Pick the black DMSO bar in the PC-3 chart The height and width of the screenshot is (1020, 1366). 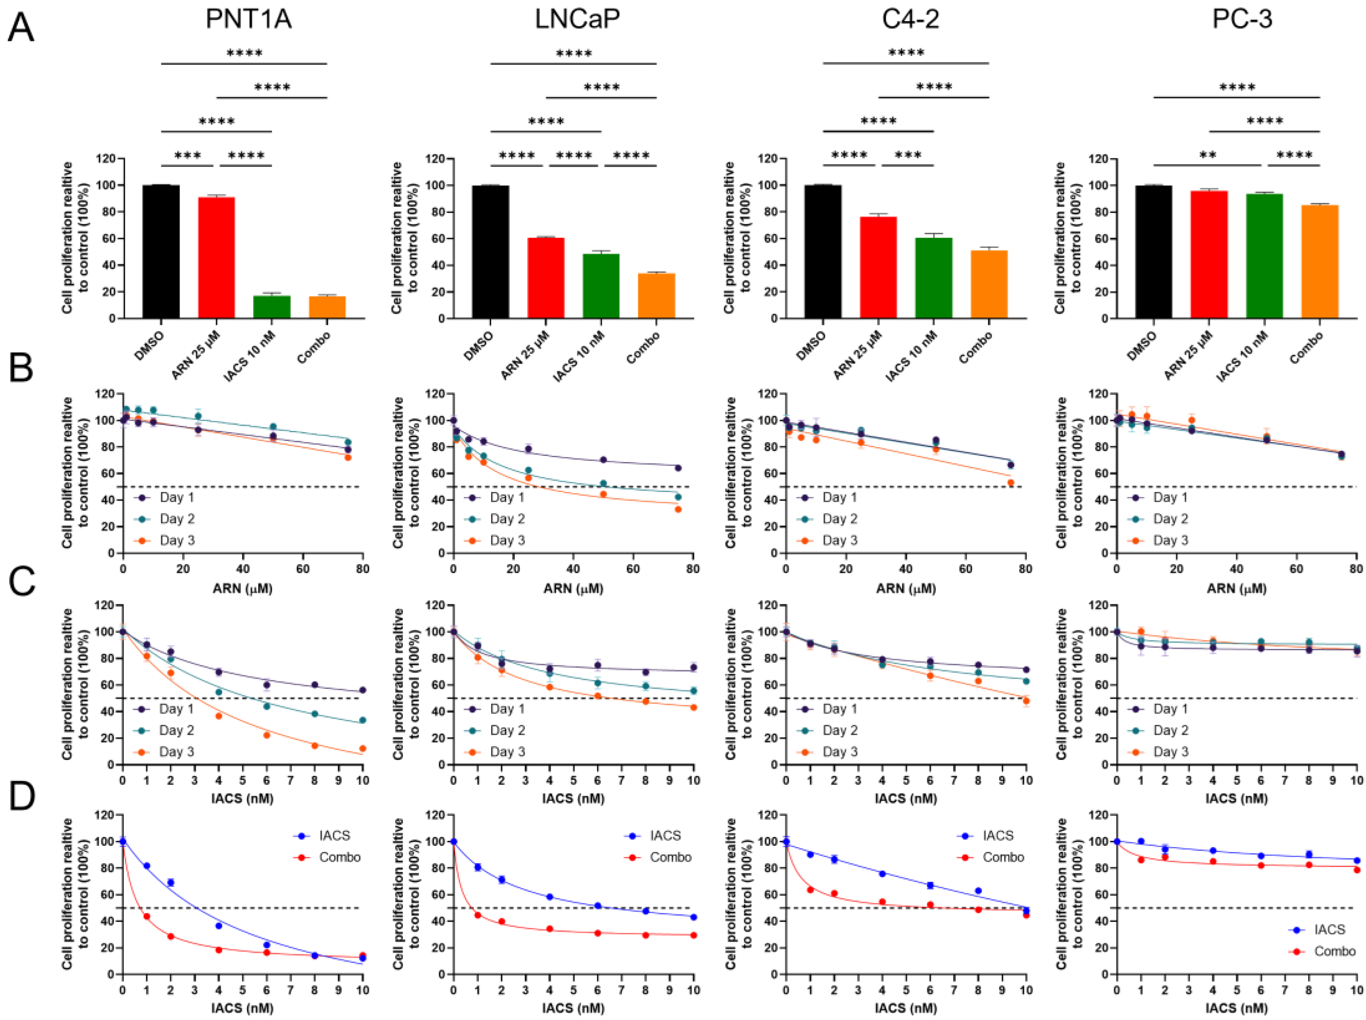click(x=1154, y=251)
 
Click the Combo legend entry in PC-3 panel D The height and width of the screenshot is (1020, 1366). click(x=1334, y=951)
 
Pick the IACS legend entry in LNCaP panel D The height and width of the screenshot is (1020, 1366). click(x=665, y=836)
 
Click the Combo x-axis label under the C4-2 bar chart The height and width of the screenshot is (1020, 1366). click(x=976, y=347)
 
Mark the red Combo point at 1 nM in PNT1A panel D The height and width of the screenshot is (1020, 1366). click(x=146, y=916)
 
